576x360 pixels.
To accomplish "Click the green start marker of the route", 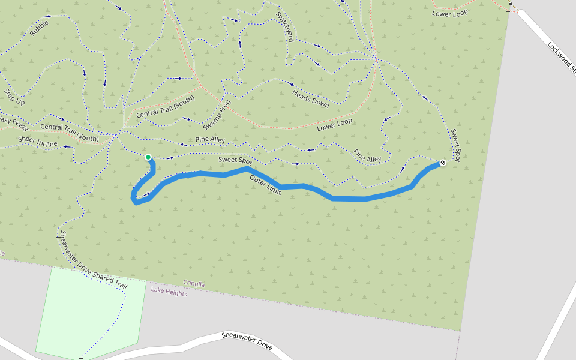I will click(x=148, y=157).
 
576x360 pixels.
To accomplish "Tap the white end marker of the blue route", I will click(x=443, y=163).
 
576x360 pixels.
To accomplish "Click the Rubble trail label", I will click(x=39, y=28).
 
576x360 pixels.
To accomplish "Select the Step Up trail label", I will click(x=14, y=97).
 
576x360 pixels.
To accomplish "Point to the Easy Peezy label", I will click(x=13, y=122).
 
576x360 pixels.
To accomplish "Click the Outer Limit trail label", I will click(x=265, y=186).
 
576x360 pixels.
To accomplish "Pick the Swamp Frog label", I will click(x=216, y=115).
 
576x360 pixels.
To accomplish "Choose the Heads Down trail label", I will click(x=310, y=97).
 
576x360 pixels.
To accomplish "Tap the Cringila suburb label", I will click(x=194, y=284).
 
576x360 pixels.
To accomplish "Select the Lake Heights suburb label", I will click(x=169, y=293).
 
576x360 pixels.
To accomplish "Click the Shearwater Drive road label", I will click(x=247, y=342).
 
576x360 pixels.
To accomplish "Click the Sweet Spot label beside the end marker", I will click(x=455, y=145).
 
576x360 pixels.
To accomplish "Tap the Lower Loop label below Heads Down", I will click(x=335, y=125).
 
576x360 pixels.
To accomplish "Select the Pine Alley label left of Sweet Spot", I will click(x=210, y=140).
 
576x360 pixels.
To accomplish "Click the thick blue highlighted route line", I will click(x=348, y=199).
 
